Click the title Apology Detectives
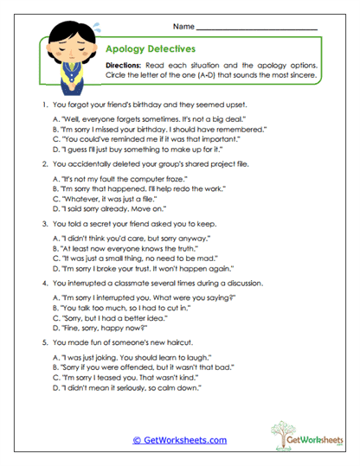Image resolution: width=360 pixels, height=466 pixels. [x=150, y=50]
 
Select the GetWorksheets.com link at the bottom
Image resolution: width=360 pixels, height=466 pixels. [x=180, y=440]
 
